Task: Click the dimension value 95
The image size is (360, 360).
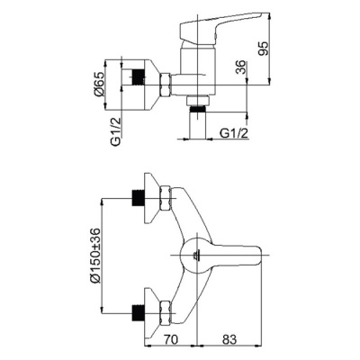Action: (x=263, y=49)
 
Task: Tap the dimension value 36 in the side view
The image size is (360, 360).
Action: (x=241, y=67)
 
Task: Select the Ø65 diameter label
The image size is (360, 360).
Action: (x=98, y=85)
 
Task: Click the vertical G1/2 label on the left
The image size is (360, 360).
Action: (x=116, y=130)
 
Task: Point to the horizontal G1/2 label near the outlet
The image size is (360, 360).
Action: (x=234, y=133)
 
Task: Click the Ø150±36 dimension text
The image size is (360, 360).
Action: (x=94, y=256)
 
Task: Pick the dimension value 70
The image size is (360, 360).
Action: (x=170, y=339)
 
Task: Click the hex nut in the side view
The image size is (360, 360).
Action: (x=165, y=85)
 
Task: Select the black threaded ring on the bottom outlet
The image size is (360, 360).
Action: (x=198, y=109)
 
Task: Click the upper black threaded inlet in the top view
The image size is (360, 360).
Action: (x=139, y=198)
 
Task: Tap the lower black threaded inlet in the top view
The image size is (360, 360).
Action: (x=139, y=313)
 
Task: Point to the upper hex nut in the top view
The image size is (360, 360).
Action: (x=166, y=198)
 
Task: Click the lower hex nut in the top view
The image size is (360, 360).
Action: (x=166, y=313)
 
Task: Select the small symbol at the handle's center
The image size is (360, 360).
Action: (x=196, y=256)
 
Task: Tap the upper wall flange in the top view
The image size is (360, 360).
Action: (x=151, y=198)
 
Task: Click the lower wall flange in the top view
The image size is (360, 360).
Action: (x=151, y=313)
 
